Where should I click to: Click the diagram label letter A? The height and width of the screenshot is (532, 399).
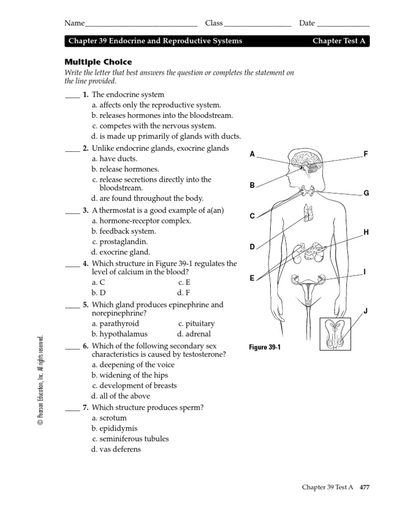coord(252,154)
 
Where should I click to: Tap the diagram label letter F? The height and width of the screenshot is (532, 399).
coord(366,154)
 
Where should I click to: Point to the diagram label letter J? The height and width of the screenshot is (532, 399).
coord(366,311)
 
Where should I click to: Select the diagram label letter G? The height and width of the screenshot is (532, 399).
coord(366,193)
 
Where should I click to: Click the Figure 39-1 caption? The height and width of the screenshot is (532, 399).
coord(265,348)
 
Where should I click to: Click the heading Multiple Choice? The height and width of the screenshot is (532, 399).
coord(98,62)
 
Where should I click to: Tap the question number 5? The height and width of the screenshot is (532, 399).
coord(86,304)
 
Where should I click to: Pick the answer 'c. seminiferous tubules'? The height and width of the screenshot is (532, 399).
coord(130,438)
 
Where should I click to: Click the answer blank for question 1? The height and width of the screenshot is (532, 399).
coord(72,96)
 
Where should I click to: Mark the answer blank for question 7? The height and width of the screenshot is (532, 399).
coord(72,408)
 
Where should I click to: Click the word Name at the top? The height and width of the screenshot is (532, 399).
coord(74,23)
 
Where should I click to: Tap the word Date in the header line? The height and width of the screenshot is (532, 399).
coord(307,23)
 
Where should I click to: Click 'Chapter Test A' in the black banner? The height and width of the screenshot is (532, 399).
coord(339,41)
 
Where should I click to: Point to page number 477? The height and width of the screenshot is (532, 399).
coord(362,487)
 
